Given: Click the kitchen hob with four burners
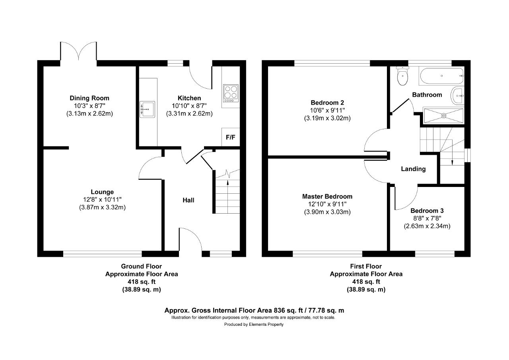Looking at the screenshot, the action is point(231,93).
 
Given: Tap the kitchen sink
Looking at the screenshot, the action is point(147,109).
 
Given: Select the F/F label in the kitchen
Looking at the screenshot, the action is point(230,137).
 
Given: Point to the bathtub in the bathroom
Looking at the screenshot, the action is point(442,76).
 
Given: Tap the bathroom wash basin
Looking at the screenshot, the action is point(457,96).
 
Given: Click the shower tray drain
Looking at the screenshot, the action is point(444,116).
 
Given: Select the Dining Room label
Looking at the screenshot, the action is point(89,98).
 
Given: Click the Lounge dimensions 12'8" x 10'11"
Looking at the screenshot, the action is point(102,200).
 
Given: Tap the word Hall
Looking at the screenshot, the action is point(188,200).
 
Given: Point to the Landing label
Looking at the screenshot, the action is point(413,169).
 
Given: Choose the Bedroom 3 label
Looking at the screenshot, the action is point(427,211).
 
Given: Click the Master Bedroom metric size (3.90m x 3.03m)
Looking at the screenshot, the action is point(327,212).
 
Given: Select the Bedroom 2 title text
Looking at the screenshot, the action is point(327,103).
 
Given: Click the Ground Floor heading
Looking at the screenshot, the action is point(141,266).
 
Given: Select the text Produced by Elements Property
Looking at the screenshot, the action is point(254,324).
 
